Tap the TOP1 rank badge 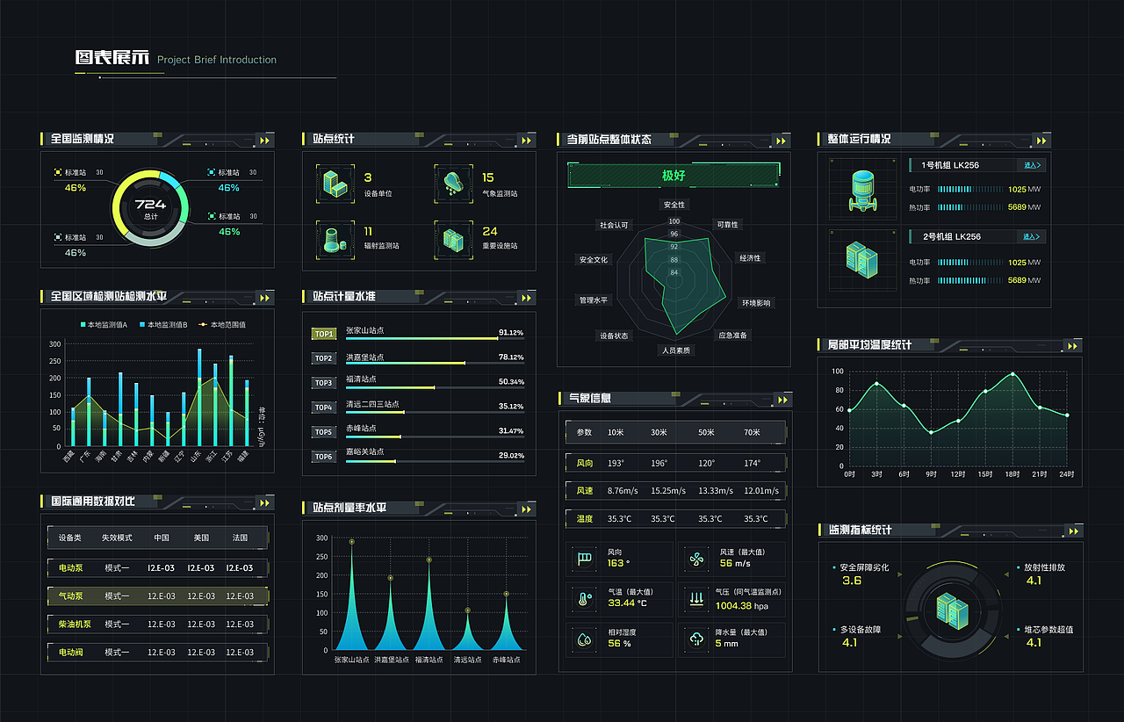324,334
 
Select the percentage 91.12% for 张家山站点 510,333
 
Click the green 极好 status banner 674,175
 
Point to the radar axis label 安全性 674,205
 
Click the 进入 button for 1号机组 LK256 1032,165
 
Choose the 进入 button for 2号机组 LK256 1032,236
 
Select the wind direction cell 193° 616,463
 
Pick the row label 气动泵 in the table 70,596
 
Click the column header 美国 201,538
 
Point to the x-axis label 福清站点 429,659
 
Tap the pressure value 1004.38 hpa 741,606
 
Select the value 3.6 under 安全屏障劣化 852,581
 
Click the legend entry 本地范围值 223,325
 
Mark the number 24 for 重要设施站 489,231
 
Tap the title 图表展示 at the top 112,59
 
